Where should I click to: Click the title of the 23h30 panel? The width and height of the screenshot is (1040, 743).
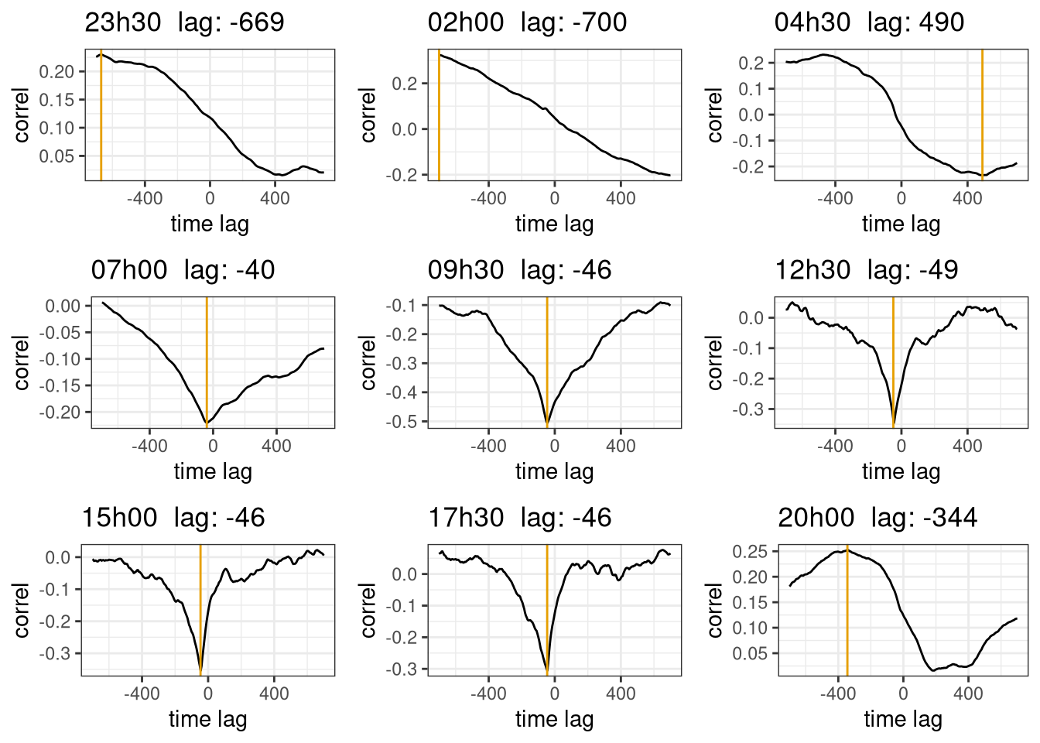click(x=184, y=22)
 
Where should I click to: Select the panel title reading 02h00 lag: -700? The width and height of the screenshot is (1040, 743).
click(x=527, y=22)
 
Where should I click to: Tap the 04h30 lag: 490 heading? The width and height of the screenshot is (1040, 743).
click(x=869, y=22)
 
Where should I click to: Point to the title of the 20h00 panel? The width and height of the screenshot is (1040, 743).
click(x=877, y=518)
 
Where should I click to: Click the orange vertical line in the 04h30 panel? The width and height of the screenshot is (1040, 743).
click(x=982, y=116)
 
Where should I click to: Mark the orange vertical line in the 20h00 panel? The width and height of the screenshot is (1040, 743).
click(x=847, y=611)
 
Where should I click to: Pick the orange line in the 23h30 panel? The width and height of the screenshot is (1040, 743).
click(x=101, y=116)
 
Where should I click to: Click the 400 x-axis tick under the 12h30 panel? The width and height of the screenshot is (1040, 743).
click(x=967, y=446)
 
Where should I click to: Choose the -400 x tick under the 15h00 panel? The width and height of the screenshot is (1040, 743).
click(x=142, y=693)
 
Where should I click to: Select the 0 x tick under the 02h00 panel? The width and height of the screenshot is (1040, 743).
click(x=555, y=198)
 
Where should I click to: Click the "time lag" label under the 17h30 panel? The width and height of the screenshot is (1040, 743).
click(x=554, y=719)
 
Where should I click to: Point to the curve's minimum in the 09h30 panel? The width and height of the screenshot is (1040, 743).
click(x=547, y=424)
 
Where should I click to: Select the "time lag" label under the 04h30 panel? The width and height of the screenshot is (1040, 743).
click(x=901, y=224)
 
